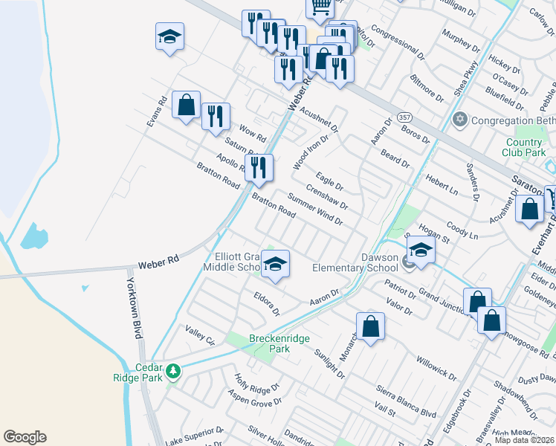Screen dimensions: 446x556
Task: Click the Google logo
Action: (25, 437)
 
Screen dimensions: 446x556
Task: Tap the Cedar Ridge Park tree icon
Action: (173, 370)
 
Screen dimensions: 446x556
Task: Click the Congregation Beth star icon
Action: (459, 120)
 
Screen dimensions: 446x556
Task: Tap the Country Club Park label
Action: (524, 147)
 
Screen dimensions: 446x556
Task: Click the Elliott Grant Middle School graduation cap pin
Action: (275, 265)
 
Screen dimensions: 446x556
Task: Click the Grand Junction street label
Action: (442, 298)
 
